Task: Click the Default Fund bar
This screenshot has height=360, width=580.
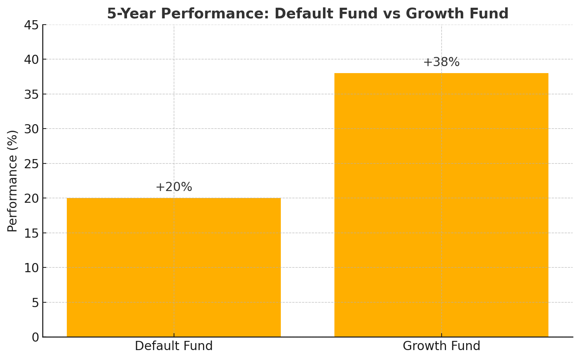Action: (174, 267)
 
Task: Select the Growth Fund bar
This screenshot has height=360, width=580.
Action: (441, 205)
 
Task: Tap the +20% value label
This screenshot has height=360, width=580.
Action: (174, 187)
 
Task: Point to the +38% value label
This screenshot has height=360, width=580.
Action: (441, 62)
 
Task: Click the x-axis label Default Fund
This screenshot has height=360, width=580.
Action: (174, 346)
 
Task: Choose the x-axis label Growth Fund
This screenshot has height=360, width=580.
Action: (441, 346)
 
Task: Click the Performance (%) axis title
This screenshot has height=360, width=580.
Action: (12, 181)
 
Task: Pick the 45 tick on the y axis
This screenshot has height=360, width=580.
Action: (31, 25)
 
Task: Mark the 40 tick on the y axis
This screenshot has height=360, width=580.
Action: (31, 60)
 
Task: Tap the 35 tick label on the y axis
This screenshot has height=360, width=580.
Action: (31, 94)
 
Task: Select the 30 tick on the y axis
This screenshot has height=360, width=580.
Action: (31, 129)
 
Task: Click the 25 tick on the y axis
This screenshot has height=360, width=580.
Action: (31, 164)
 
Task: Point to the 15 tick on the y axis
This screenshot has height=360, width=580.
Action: (31, 233)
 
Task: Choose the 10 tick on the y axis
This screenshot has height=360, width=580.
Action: (31, 268)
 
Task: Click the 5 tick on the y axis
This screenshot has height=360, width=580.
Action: (35, 303)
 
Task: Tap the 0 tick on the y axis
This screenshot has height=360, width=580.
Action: (35, 337)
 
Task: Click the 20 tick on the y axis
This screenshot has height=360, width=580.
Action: (31, 198)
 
